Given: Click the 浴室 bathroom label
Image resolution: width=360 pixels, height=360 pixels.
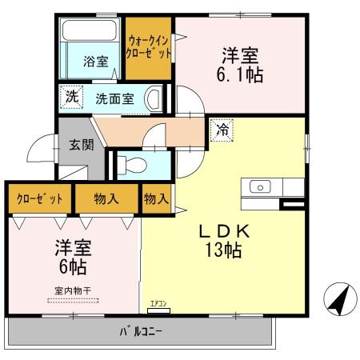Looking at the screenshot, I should click(x=97, y=62).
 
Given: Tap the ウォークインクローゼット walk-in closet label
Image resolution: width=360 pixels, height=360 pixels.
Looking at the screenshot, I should click(x=149, y=48).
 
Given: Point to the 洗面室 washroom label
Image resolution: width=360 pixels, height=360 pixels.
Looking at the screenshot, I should click(x=114, y=99).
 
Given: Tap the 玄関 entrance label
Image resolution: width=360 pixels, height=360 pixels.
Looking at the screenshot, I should click(x=81, y=145).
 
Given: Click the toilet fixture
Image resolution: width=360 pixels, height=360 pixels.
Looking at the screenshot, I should click(x=132, y=164).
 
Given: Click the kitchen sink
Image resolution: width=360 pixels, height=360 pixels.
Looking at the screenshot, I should click(x=261, y=187).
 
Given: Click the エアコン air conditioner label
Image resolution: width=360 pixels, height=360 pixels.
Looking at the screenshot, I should click(x=158, y=304).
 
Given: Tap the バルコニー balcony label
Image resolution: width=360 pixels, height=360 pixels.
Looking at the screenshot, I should click(x=142, y=331).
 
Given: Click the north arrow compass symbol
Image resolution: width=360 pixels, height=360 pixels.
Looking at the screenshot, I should click(x=339, y=301).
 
